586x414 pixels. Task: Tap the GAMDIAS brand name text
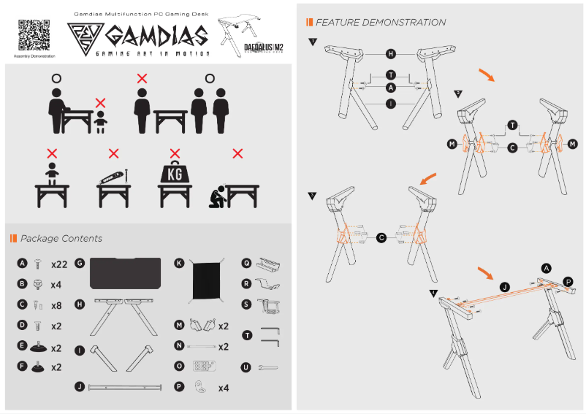pyautogui.click(x=156, y=36)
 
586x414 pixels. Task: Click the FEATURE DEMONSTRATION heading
pyautogui.click(x=380, y=23)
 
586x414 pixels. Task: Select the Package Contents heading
pyautogui.click(x=61, y=239)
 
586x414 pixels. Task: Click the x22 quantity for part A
pyautogui.click(x=59, y=264)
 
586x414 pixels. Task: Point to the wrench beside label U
pyautogui.click(x=268, y=367)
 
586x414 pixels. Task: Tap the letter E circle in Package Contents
pyautogui.click(x=22, y=348)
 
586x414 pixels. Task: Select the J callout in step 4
pyautogui.click(x=504, y=286)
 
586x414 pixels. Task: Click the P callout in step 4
pyautogui.click(x=567, y=281)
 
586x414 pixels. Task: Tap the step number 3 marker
pyautogui.click(x=312, y=196)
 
